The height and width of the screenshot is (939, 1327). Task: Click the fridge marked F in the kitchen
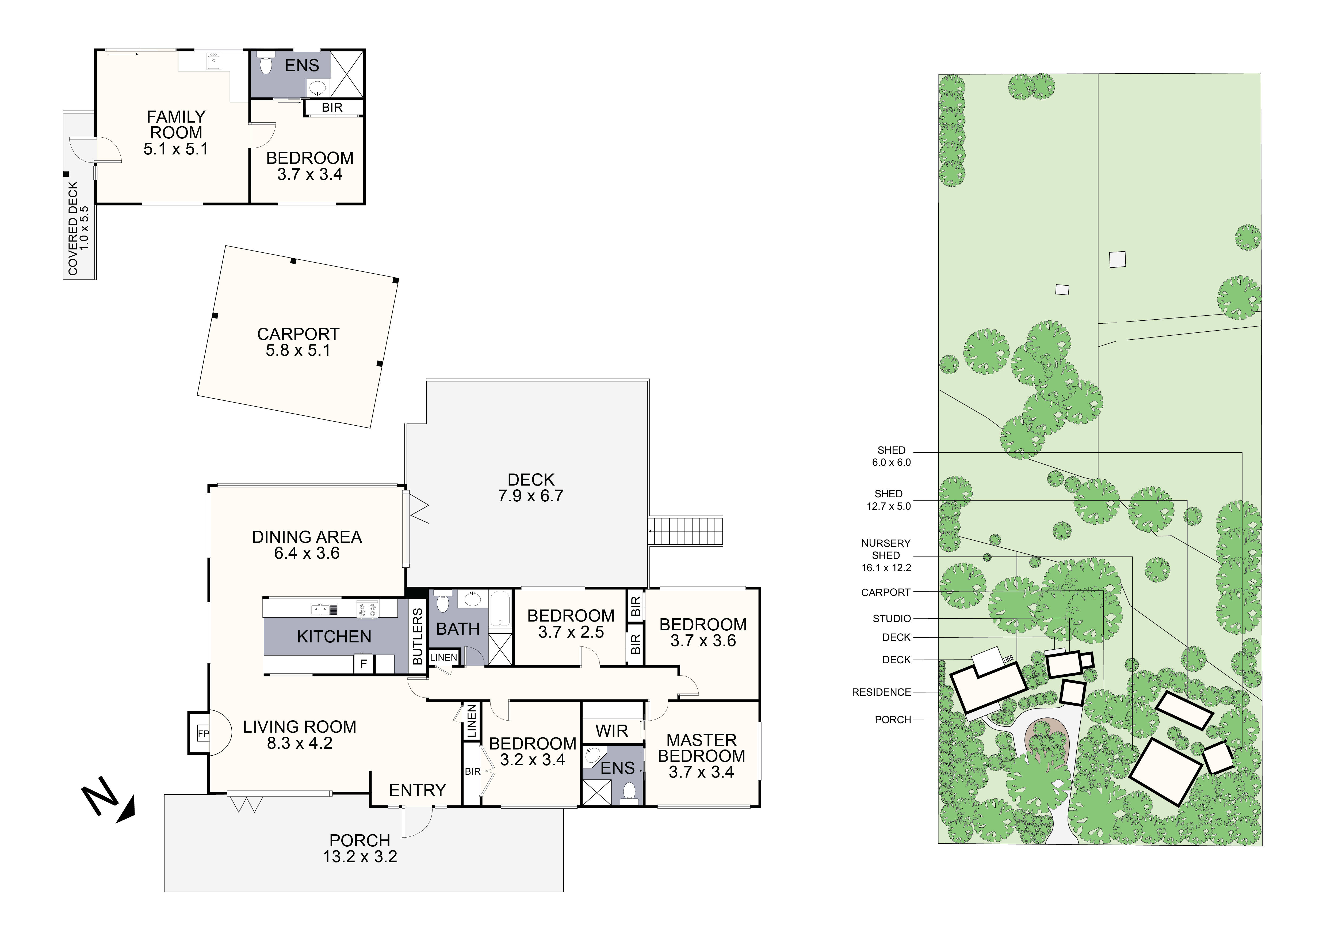tap(364, 664)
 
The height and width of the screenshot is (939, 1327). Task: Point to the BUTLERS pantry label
tap(417, 636)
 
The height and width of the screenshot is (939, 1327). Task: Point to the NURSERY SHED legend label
tap(885, 555)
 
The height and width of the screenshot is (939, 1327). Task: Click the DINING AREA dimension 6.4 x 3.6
tap(307, 553)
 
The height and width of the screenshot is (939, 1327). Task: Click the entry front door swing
tap(417, 821)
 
